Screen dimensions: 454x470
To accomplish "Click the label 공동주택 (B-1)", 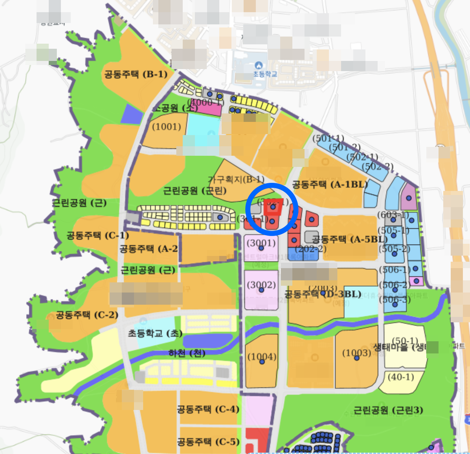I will tap(136, 74).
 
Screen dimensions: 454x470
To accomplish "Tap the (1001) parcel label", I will tap(167, 127).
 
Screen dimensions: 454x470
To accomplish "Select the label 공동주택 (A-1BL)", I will tap(330, 184).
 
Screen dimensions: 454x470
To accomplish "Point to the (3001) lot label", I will tap(261, 243).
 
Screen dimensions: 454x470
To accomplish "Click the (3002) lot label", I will tap(261, 285).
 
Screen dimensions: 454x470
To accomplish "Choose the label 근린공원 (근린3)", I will tap(388, 410).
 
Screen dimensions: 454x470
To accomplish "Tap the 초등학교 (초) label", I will tap(155, 333).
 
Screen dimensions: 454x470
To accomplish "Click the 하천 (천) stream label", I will tap(187, 353).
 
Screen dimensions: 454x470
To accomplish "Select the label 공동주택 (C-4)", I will tap(208, 409).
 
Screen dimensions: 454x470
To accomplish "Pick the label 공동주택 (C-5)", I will tap(208, 441).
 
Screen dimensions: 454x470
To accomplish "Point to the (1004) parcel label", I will tap(262, 356).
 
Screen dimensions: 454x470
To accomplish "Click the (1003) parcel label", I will tap(357, 353).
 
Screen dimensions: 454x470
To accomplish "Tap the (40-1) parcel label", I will tap(401, 376).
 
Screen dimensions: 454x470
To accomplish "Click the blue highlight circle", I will tap(272, 209).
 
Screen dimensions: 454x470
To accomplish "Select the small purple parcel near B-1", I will tap(131, 114).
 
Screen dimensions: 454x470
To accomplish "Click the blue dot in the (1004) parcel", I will tap(262, 362).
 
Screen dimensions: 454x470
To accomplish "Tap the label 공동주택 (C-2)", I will tap(87, 315).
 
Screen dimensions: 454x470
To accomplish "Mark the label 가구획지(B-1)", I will tap(236, 179).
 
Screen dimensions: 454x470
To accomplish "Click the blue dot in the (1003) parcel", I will tap(357, 358).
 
